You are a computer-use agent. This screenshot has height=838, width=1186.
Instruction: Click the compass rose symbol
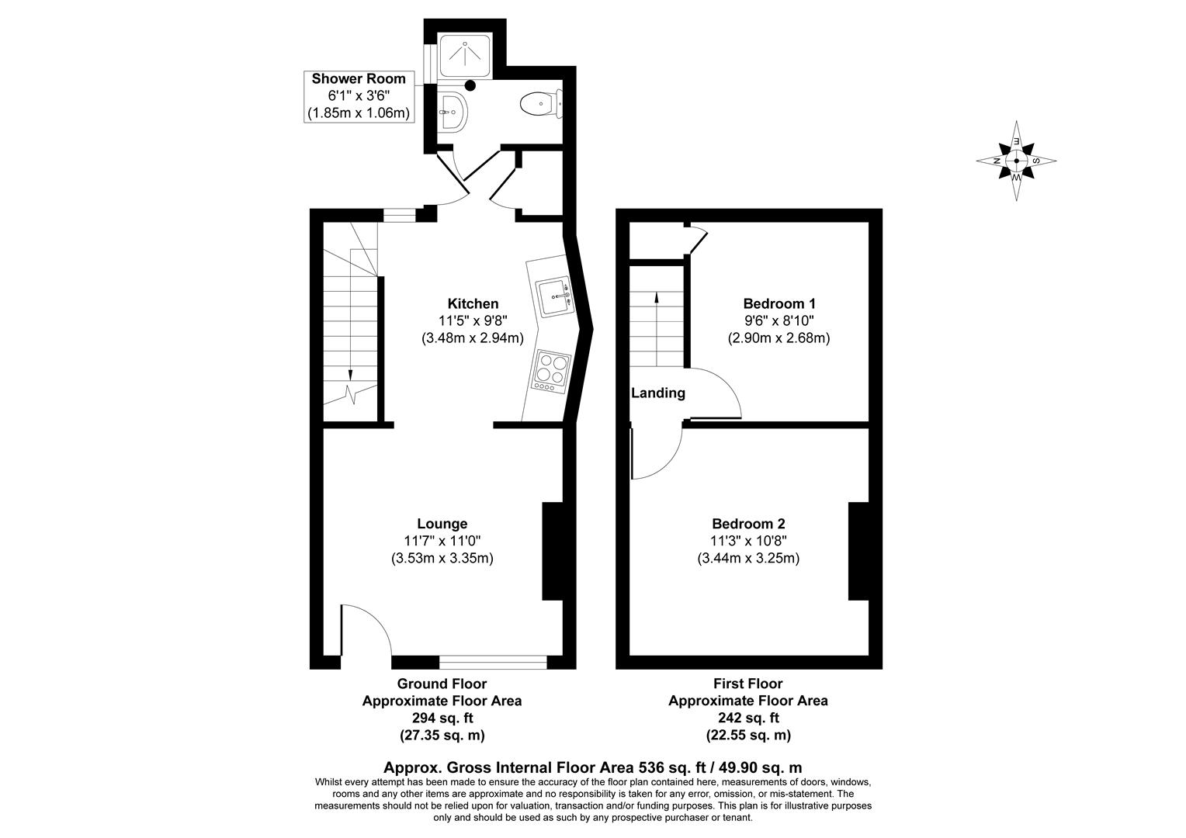click(x=1016, y=161)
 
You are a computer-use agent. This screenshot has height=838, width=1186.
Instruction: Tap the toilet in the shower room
click(x=540, y=104)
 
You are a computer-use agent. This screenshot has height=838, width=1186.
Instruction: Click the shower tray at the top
click(x=464, y=55)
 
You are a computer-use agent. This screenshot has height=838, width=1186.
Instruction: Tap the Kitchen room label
click(x=473, y=303)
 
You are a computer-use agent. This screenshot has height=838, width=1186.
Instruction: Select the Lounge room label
click(x=442, y=524)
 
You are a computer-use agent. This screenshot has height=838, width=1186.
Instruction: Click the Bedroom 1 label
click(x=779, y=303)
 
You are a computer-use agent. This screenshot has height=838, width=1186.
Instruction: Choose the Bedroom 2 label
click(x=747, y=524)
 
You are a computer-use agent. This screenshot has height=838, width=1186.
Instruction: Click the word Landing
click(x=657, y=393)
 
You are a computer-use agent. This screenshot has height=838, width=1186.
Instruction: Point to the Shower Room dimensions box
click(x=359, y=96)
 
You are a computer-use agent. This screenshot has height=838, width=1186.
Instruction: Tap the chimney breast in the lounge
click(x=552, y=551)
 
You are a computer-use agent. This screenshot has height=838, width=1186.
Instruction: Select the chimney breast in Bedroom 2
click(x=858, y=551)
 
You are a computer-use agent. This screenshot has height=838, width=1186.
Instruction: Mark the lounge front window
click(x=493, y=662)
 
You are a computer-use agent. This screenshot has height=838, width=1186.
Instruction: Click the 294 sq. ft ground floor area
click(x=442, y=718)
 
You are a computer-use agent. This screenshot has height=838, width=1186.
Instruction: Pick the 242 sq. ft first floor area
click(x=747, y=718)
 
